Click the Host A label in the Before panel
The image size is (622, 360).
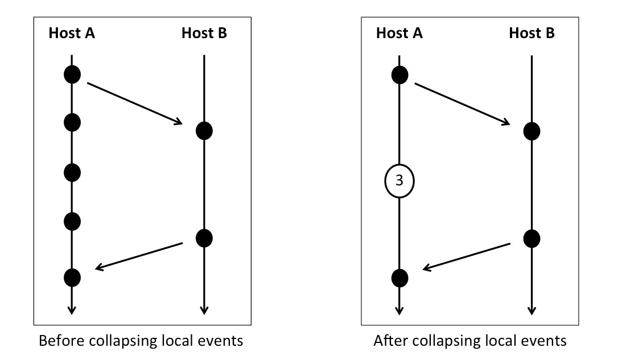71,33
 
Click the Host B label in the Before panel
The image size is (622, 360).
204,33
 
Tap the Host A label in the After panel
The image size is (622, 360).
399,33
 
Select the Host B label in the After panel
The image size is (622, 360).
532,33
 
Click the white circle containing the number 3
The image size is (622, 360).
399,181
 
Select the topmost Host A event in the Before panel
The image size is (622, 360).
72,74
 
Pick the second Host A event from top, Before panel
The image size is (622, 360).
72,122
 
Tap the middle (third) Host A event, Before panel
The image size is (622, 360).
72,172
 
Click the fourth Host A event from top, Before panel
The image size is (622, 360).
72,221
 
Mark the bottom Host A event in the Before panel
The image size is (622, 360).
72,278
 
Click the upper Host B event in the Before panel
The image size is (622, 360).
204,131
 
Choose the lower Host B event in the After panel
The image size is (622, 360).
532,238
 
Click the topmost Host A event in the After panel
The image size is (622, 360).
399,75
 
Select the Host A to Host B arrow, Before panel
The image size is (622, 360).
134,104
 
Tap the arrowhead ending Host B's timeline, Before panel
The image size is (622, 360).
204,310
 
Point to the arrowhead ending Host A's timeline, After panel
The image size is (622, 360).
399,310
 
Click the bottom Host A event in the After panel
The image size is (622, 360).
399,278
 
